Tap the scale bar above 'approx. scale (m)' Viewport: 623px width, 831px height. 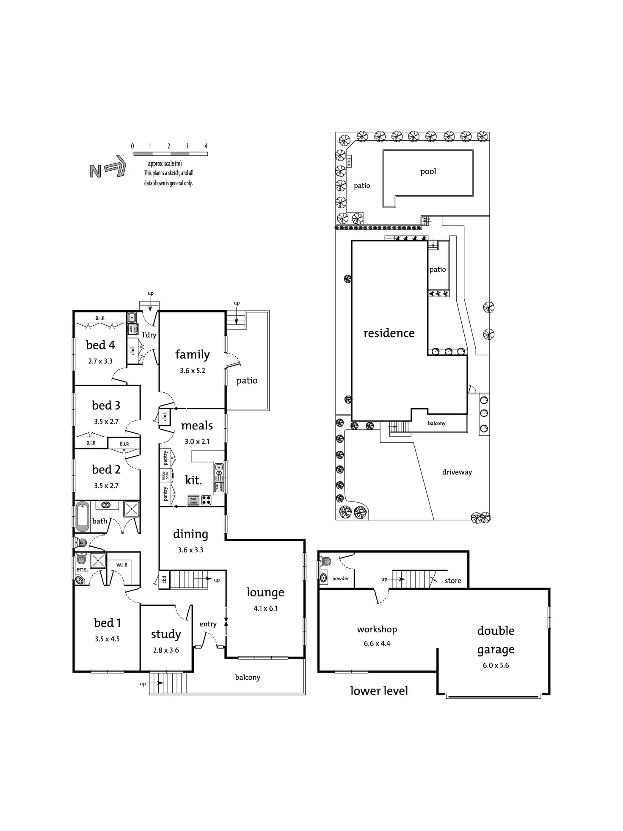tap(170, 154)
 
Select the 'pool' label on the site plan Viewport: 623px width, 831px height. tap(428, 172)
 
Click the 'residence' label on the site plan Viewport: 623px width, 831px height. tap(389, 333)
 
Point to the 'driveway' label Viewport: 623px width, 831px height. tap(457, 472)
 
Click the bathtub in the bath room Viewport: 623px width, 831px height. tap(83, 517)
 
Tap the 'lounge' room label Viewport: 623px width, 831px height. tap(265, 593)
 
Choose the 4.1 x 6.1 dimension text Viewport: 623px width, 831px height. tap(265, 609)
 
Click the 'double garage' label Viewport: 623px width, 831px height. tap(496, 640)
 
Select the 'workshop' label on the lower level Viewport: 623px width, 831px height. tap(377, 629)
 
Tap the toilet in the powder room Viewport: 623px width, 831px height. tap(325, 562)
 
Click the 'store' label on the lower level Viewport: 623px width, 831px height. tap(452, 581)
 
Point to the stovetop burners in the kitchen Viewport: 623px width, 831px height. tap(206, 500)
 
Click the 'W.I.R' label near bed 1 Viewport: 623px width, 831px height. tap(122, 565)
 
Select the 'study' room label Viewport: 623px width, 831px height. tap(166, 634)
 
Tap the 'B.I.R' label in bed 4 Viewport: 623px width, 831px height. tap(100, 318)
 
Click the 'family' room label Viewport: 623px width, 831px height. tap(192, 355)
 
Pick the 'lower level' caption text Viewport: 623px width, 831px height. tap(379, 691)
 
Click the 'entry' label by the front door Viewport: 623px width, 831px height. tap(208, 624)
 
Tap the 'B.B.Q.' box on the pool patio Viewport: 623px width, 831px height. tap(349, 161)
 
